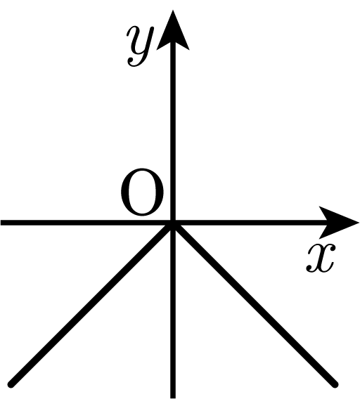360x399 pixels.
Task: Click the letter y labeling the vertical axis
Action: pos(140,46)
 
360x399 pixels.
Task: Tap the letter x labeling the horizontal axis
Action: pos(321,258)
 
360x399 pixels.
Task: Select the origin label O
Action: pos(142,191)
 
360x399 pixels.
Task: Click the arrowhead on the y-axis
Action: pos(173,30)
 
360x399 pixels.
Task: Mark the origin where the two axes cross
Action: pos(173,223)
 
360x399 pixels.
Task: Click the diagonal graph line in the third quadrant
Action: pos(91,303)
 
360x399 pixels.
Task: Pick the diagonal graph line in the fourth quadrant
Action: pos(255,304)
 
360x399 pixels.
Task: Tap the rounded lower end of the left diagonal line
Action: pos(11,384)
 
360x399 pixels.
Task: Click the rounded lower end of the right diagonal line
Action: pos(335,385)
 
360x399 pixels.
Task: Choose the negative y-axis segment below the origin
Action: pos(173,310)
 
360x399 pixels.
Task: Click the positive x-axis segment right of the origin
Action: pos(250,223)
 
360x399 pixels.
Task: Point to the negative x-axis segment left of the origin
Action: pos(86,223)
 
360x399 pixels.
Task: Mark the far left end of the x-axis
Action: pos(1,223)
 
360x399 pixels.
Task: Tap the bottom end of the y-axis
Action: pos(173,398)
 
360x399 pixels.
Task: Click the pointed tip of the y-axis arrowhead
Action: pos(173,11)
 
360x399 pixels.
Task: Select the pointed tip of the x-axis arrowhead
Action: pos(359,223)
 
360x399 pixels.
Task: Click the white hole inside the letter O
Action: pos(142,191)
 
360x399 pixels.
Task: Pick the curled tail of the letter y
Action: pos(134,63)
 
